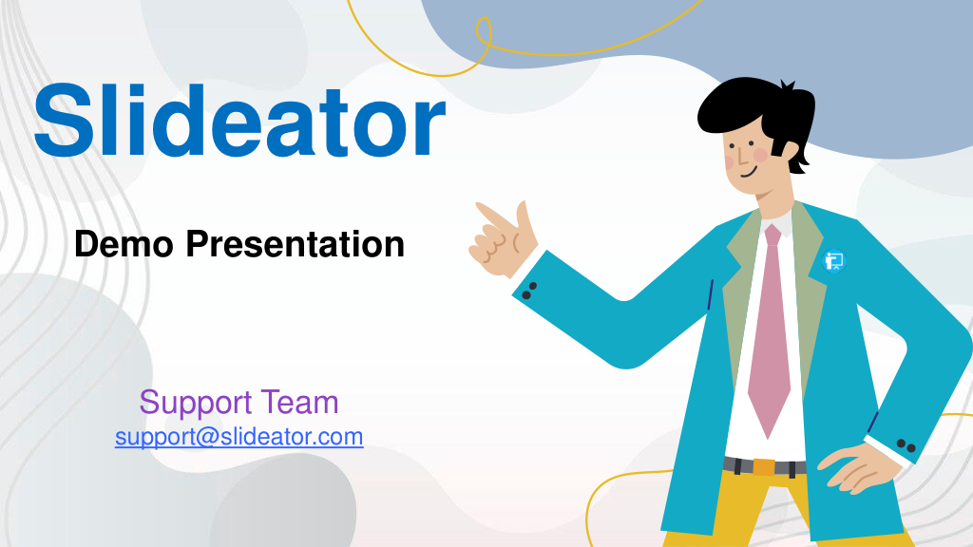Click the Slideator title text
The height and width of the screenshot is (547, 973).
[239, 120]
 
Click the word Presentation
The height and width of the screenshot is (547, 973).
[296, 244]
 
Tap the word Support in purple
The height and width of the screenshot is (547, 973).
[196, 403]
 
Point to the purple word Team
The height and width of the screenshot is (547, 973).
[299, 402]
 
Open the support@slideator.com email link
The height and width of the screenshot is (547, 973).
[238, 437]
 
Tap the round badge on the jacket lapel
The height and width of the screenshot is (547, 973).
[834, 261]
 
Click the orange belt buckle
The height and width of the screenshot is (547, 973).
[764, 466]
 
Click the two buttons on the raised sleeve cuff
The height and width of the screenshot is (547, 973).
[528, 291]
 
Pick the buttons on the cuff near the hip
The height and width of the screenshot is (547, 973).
[906, 445]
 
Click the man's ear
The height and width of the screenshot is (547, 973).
[791, 153]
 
